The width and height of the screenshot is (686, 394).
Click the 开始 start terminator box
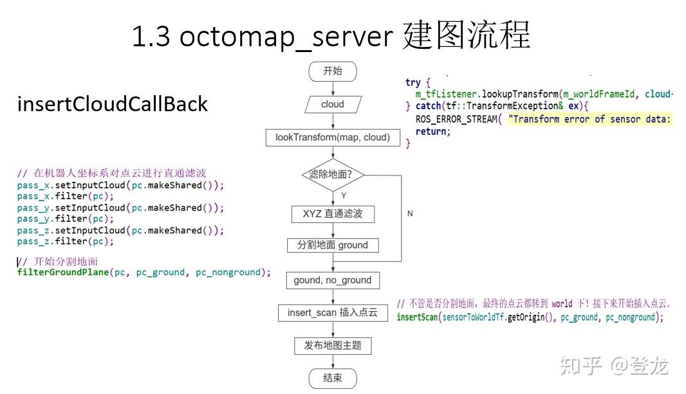click(333, 71)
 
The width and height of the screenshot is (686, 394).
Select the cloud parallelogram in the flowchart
click(333, 104)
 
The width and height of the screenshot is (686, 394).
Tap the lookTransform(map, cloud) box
click(333, 137)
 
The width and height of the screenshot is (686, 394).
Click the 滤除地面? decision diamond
click(333, 175)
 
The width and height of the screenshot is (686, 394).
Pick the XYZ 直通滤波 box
click(333, 213)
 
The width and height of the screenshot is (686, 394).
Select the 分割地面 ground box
click(333, 245)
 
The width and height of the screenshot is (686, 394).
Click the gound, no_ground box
click(333, 280)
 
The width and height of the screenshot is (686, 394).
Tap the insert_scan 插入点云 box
click(333, 313)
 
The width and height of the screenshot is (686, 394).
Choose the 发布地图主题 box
click(333, 346)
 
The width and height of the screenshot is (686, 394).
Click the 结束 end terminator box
click(333, 379)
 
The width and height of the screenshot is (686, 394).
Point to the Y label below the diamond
click(343, 195)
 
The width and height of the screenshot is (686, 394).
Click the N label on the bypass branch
click(409, 213)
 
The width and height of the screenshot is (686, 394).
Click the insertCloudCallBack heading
click(112, 104)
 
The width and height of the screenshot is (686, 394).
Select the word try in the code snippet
click(413, 83)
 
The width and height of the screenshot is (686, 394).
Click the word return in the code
click(431, 131)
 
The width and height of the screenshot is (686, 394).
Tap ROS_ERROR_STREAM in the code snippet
click(456, 119)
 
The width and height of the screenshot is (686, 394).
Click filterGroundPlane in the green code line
click(63, 273)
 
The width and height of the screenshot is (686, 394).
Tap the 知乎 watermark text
click(581, 365)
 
